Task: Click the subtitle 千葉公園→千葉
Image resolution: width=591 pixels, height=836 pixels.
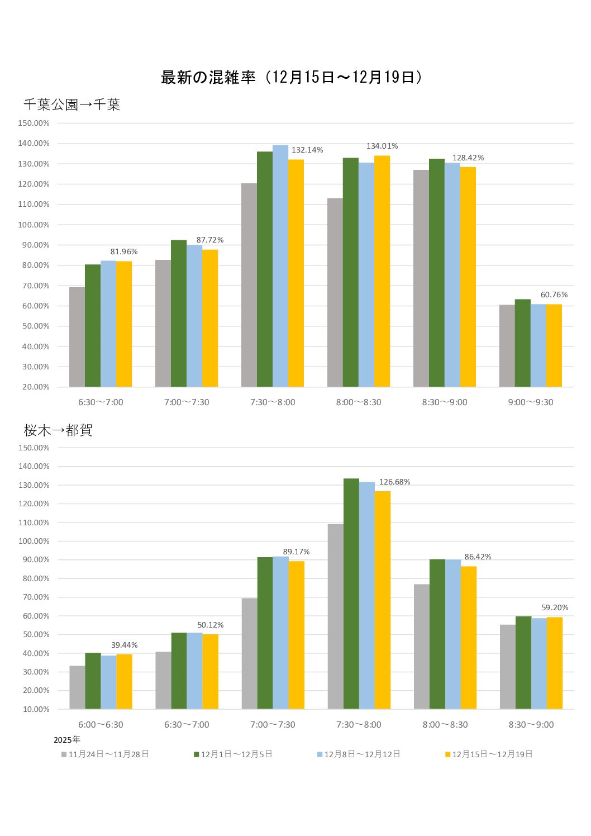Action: click(72, 104)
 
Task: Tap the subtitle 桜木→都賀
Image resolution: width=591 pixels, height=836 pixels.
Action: click(58, 430)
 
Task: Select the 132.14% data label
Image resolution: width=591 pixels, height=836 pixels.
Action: click(307, 150)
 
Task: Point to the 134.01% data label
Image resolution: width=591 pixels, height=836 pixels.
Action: click(382, 146)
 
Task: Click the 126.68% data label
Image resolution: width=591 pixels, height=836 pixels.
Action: click(394, 482)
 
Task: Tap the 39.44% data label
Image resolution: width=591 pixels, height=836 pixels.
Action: click(124, 645)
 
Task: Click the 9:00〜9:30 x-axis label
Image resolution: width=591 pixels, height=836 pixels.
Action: click(530, 402)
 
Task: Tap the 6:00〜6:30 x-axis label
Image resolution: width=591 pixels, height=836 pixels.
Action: click(101, 725)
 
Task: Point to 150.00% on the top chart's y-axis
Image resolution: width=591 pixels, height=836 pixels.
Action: click(34, 123)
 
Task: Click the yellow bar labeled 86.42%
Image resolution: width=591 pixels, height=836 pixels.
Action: click(469, 637)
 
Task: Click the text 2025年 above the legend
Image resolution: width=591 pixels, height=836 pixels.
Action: click(66, 740)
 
